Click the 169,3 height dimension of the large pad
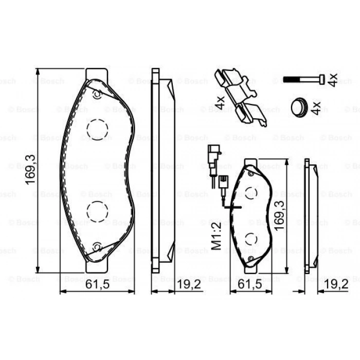point(30,170)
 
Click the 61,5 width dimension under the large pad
point(97,284)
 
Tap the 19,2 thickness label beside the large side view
point(189,284)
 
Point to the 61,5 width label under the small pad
point(250,284)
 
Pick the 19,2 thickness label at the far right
point(336,284)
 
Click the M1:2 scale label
point(217,236)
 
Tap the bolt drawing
point(304,79)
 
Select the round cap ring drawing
point(299,107)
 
